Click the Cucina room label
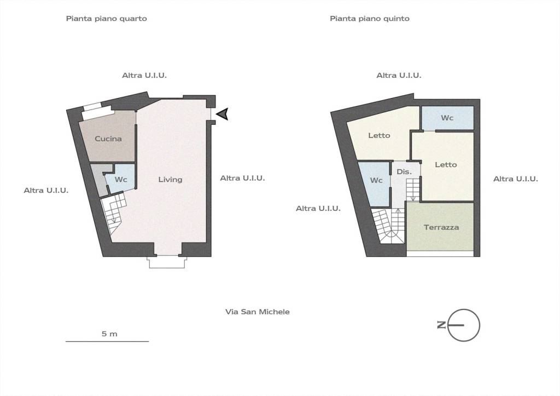(108, 139)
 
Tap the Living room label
(171, 179)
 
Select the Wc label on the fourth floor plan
(121, 179)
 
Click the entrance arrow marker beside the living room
(223, 114)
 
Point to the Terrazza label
(441, 227)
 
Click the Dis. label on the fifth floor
(404, 171)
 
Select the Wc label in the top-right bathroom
(447, 118)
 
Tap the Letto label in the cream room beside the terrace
(446, 164)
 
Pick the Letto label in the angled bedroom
(380, 135)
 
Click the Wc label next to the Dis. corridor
(376, 180)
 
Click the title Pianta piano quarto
(107, 19)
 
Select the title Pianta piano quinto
(370, 19)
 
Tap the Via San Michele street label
(258, 312)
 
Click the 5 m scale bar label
(109, 334)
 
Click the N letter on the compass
(442, 325)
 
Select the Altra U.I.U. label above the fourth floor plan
(144, 76)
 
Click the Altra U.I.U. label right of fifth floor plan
(516, 179)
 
